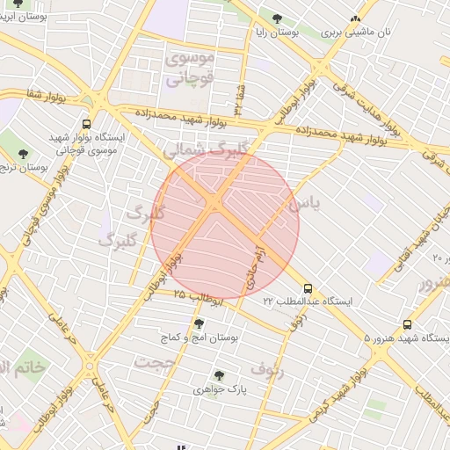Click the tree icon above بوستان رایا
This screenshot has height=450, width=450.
point(278,18)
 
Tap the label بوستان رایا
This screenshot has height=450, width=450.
point(278,32)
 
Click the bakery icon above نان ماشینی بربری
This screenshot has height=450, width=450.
point(356,18)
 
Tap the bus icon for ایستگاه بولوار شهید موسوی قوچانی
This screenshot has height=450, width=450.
point(86,124)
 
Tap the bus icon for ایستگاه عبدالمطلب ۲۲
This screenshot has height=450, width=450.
point(307,287)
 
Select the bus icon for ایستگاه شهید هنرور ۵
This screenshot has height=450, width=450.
point(407,324)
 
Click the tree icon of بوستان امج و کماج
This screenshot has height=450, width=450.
point(197,323)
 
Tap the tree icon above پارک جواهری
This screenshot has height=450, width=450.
point(219,375)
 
